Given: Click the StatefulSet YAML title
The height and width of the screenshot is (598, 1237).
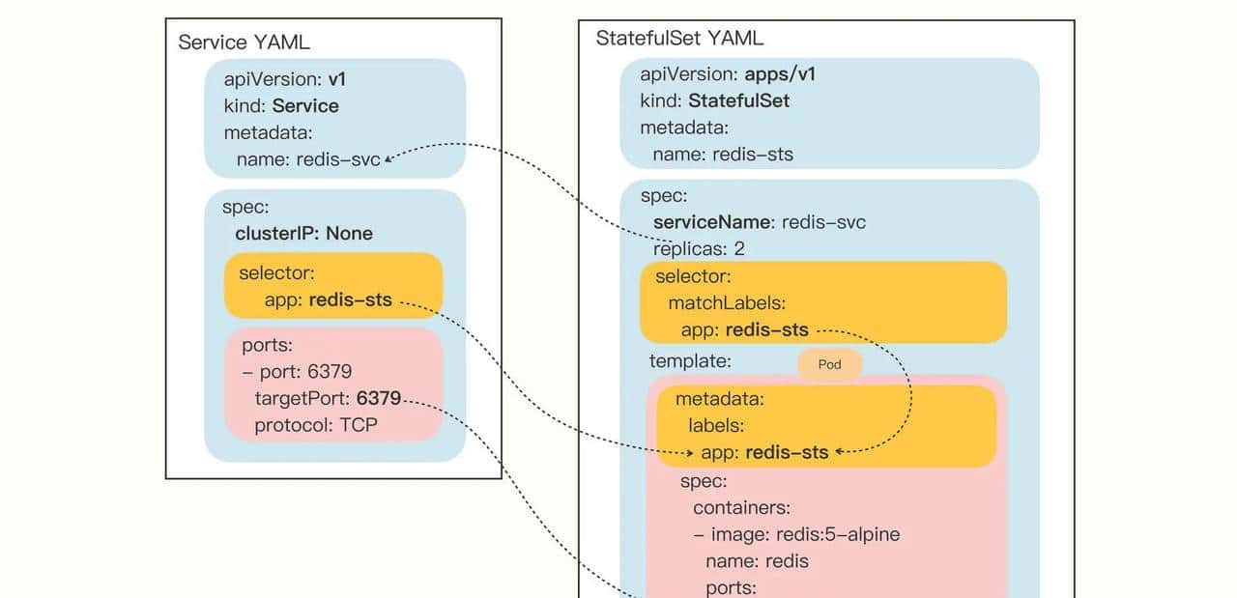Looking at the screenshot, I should click(x=679, y=39).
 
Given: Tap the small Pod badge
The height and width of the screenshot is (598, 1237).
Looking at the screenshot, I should click(x=829, y=364).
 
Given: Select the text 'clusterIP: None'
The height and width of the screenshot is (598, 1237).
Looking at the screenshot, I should click(x=303, y=233).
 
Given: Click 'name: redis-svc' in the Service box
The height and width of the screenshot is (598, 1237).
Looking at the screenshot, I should click(x=307, y=159).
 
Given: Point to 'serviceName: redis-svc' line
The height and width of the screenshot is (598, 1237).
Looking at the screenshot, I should click(x=759, y=222).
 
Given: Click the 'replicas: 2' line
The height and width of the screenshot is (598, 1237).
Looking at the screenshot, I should click(x=699, y=248).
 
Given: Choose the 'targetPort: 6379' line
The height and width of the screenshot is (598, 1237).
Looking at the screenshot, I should click(x=327, y=398).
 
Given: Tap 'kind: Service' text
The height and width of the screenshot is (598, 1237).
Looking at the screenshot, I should click(x=281, y=105).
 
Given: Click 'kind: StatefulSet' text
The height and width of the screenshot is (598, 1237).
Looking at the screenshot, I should click(x=714, y=100).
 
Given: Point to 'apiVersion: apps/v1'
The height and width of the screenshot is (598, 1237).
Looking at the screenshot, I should click(x=720, y=74).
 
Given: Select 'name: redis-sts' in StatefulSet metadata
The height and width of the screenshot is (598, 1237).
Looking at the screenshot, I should click(x=723, y=154).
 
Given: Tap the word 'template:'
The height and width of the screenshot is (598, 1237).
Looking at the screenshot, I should click(x=690, y=360).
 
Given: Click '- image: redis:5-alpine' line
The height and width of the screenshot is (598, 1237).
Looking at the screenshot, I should click(x=796, y=534).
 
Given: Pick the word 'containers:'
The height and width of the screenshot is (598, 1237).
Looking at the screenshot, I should click(x=741, y=507).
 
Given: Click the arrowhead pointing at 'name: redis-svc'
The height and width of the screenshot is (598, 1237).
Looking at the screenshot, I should click(x=388, y=160).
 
